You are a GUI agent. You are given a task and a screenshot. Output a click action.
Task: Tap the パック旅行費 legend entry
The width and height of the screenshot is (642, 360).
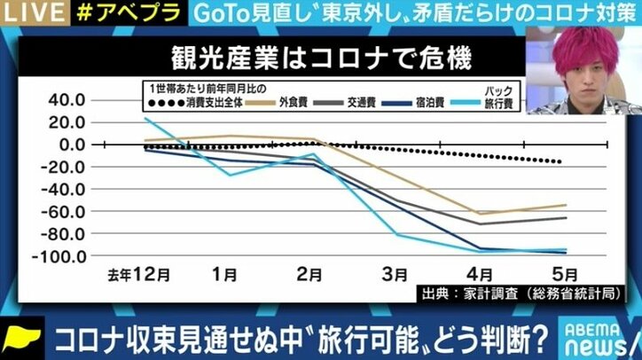(x=507, y=98)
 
